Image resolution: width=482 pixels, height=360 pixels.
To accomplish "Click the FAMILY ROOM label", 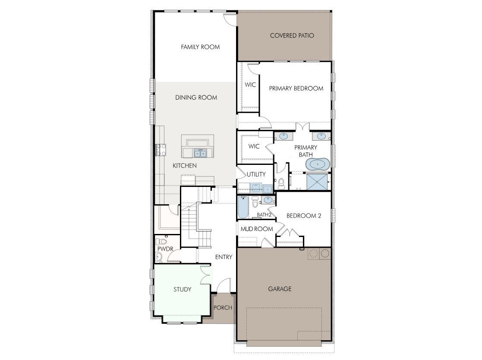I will (200, 47).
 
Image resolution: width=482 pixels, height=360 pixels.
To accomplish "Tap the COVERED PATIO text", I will (292, 35).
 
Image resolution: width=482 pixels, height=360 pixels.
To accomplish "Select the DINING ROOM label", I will (196, 98).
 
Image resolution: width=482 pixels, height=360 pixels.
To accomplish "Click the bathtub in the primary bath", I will (318, 164).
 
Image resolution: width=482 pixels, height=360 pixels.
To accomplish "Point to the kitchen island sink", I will (200, 153).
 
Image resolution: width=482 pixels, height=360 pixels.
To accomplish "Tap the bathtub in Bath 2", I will (242, 208).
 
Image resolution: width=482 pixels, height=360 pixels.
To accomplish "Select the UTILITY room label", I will (256, 174).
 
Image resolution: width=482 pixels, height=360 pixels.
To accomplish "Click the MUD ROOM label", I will (256, 229).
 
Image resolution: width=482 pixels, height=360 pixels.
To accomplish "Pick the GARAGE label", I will (280, 289).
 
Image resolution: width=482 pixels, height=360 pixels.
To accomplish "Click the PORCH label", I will (223, 308).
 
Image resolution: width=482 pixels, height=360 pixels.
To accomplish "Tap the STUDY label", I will (182, 289).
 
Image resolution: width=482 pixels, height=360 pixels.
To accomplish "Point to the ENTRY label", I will (224, 257).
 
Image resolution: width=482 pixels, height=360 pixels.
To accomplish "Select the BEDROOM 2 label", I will (304, 216).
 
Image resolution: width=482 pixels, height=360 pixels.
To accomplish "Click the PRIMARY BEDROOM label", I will (296, 88).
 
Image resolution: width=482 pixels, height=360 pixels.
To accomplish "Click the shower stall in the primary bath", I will (318, 182).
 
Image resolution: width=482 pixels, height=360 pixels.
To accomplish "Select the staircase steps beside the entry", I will (189, 224).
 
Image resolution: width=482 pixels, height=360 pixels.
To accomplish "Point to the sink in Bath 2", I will (268, 200).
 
